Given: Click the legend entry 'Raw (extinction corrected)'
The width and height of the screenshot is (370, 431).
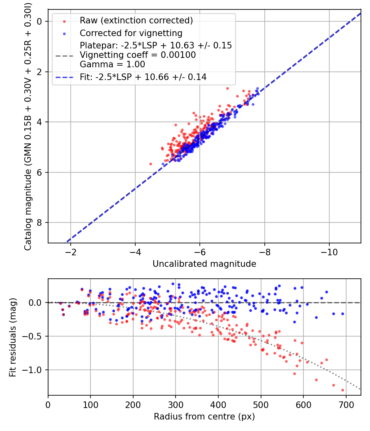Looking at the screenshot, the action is click(136, 21).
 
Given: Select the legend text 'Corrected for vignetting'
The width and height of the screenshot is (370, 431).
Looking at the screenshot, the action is click(131, 33).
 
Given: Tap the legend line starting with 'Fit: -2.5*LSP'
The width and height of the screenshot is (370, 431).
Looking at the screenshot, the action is click(143, 77).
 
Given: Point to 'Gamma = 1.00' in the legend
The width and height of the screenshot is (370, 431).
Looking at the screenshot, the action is click(112, 64).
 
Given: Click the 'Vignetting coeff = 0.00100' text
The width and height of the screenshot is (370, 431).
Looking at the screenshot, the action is click(138, 55).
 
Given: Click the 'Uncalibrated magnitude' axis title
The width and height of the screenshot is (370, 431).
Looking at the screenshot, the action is click(204, 264).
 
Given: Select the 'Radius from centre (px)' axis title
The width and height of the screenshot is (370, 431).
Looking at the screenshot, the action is click(204, 417).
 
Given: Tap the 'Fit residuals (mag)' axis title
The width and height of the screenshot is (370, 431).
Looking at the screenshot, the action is click(13, 337).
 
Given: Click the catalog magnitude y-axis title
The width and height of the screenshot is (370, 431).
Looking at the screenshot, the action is click(28, 126).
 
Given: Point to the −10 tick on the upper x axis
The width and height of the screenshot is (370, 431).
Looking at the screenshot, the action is click(329, 252).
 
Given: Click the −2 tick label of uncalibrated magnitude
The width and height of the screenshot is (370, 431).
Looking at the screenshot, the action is click(70, 252).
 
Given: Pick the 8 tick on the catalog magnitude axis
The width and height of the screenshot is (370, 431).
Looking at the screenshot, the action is click(39, 222).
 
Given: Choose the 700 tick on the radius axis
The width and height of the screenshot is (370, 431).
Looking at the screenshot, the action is click(346, 405).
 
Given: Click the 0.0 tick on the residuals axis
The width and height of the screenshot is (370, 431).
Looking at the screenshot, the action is click(35, 303).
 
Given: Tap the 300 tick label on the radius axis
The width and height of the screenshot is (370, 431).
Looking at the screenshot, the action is click(176, 405).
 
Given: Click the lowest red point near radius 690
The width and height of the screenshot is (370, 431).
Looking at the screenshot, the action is click(343, 390).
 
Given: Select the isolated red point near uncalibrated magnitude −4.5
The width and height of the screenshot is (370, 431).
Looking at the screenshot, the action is click(150, 164).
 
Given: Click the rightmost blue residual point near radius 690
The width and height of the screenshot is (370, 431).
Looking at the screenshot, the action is click(343, 314).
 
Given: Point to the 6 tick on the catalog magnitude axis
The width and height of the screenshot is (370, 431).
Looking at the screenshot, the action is click(39, 172).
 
